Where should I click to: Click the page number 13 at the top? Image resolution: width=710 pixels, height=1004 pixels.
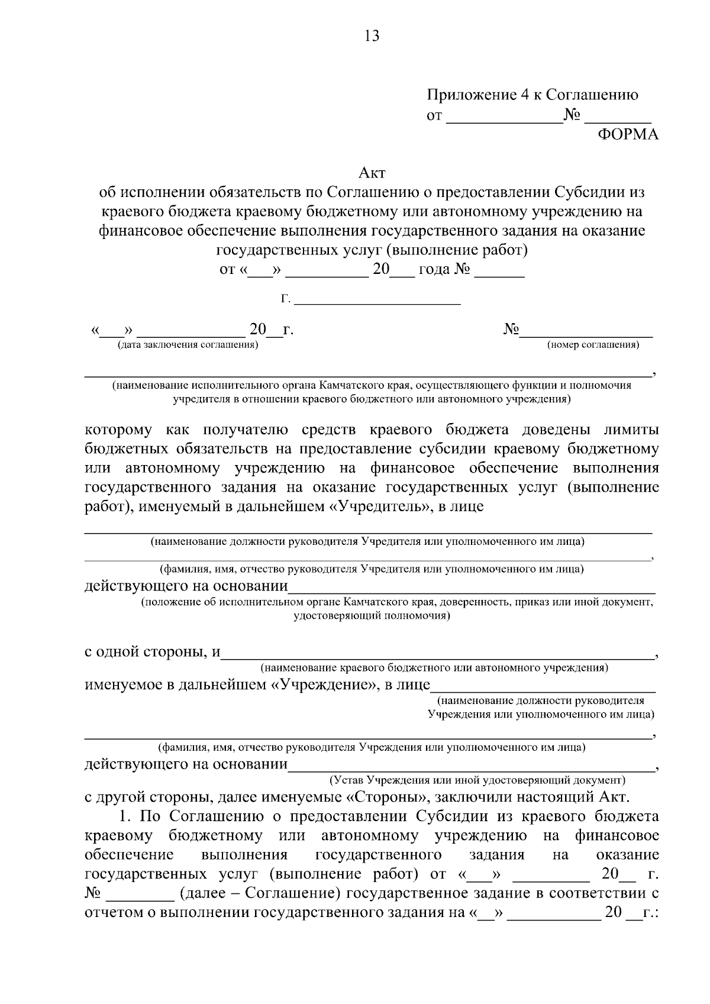point(372,36)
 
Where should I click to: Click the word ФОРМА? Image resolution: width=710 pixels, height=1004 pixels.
point(628,134)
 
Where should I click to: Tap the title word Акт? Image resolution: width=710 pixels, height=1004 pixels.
point(372,173)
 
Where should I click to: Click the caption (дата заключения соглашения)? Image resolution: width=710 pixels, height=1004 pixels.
point(188,345)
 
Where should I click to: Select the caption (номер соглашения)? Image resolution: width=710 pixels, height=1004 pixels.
point(593,345)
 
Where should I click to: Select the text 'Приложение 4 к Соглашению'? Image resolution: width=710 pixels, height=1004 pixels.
point(532,95)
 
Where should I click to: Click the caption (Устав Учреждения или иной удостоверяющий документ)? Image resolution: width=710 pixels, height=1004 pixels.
point(477,780)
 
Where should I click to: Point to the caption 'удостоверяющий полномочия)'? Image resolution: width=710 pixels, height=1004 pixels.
point(372,616)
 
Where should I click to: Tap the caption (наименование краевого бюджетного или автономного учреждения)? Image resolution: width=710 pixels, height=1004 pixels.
point(435,669)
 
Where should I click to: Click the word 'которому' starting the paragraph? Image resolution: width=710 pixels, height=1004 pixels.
point(118,430)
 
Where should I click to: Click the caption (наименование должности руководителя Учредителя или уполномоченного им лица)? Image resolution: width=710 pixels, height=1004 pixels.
point(367,541)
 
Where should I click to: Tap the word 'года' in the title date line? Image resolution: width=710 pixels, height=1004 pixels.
point(434,270)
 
